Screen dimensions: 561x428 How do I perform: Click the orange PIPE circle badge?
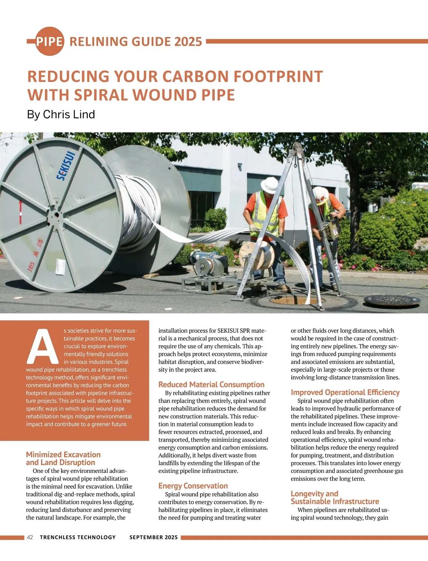(50, 41)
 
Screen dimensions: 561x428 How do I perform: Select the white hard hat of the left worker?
(269, 185)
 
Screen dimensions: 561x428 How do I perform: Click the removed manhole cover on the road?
(392, 301)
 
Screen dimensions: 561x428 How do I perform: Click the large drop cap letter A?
(43, 344)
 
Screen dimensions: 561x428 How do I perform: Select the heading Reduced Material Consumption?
(211, 385)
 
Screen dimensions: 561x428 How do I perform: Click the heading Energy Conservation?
(193, 486)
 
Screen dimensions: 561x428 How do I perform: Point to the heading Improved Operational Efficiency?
(345, 393)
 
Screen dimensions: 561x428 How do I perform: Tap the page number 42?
(30, 537)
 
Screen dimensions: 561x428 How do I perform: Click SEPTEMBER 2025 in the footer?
(153, 537)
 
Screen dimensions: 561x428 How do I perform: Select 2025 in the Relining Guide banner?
(188, 41)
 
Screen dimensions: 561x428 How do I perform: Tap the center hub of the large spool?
(56, 215)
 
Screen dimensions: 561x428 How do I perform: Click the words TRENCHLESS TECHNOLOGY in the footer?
(78, 537)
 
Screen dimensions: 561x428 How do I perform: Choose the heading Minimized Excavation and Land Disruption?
(63, 458)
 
